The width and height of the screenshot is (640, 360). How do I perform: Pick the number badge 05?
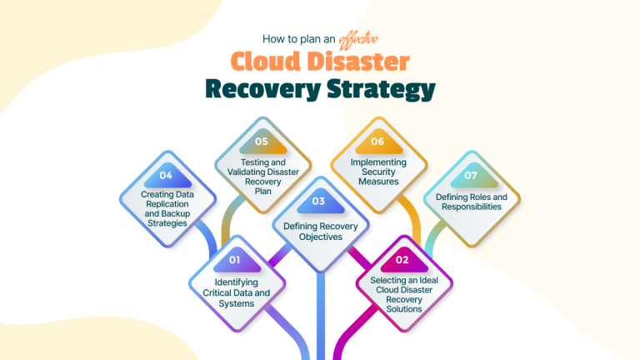(261, 142)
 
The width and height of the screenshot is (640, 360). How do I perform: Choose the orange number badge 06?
(377, 142)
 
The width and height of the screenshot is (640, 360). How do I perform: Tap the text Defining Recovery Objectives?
(319, 231)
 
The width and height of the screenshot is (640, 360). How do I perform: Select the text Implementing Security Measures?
(377, 172)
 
